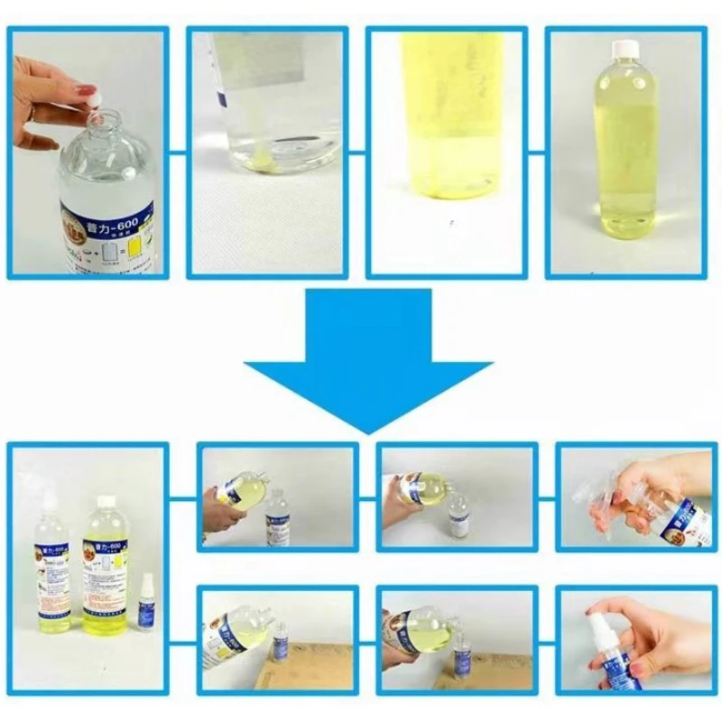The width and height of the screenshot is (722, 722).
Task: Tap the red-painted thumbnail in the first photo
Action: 87,91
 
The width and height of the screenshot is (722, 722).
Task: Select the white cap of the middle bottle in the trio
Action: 106,501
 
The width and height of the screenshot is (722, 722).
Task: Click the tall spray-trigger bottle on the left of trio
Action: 50,569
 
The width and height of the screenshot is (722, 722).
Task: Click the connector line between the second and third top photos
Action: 357,152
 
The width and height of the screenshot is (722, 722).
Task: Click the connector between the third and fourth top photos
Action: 537,152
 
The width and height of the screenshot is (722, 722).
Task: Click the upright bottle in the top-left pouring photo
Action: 277,515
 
